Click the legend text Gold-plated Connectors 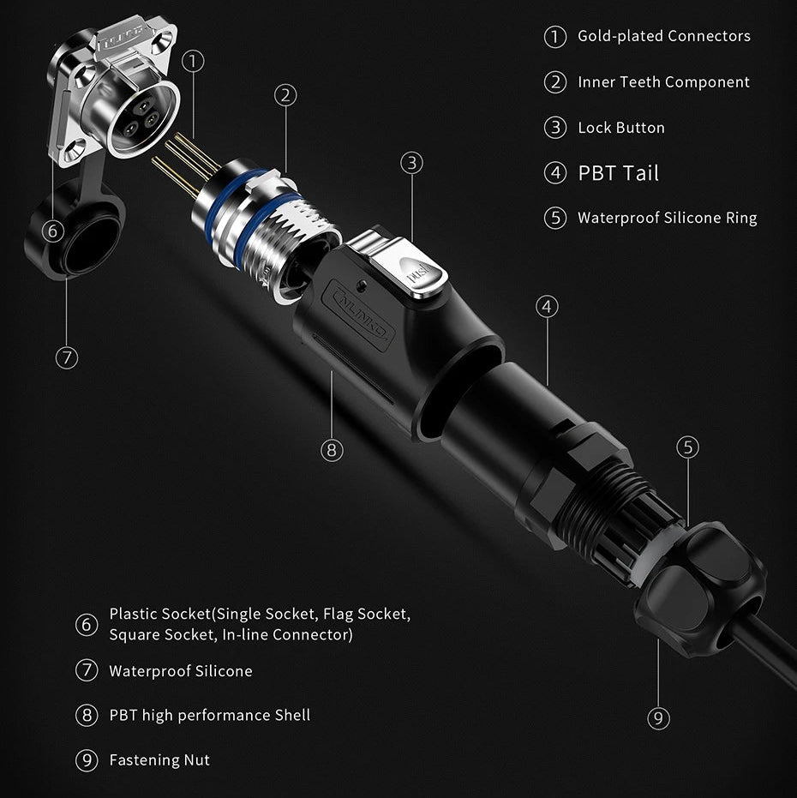coord(663,36)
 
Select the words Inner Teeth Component coord(663,82)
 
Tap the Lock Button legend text coord(620,128)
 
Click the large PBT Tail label coord(618,173)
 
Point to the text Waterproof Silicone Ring coord(667,218)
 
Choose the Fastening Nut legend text coord(159,760)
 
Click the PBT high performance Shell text coord(209,716)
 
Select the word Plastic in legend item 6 coord(134,615)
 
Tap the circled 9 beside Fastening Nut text coord(87,760)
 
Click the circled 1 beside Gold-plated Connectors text coord(555,37)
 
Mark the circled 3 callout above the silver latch coord(412,162)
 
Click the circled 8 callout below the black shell coord(333,449)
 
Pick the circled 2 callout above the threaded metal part coord(286,95)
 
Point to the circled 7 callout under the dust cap coord(66,357)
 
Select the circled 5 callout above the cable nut coord(687,447)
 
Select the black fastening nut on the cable coord(698,591)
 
